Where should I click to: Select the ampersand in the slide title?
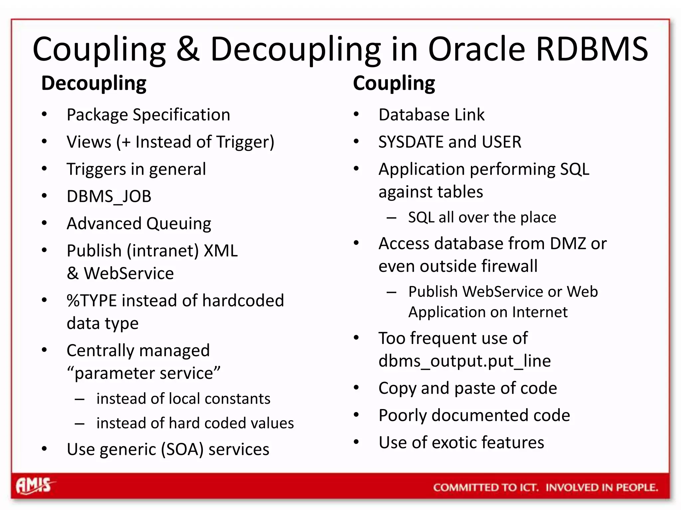(188, 49)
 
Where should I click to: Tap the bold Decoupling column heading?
(94, 83)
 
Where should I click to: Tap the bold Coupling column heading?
(394, 83)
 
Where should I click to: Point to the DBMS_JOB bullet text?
(109, 196)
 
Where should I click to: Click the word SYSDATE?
(411, 142)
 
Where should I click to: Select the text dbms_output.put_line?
(465, 361)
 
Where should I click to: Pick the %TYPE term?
(92, 301)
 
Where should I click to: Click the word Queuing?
(179, 224)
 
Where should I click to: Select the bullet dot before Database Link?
(356, 115)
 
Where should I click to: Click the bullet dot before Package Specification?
(44, 115)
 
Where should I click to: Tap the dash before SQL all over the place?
(391, 218)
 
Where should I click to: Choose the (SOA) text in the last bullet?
(182, 450)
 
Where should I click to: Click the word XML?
(220, 251)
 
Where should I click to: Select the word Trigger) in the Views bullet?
(245, 142)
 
